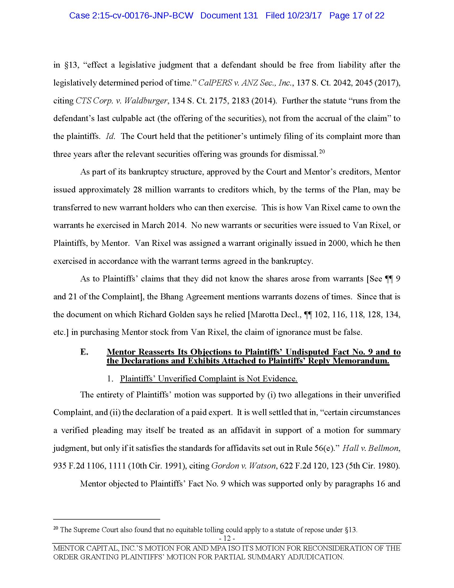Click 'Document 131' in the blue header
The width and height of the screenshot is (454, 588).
[x=229, y=16]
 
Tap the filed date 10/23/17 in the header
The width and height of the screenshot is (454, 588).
[x=304, y=16]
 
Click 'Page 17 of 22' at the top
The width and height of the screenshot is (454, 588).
[x=357, y=16]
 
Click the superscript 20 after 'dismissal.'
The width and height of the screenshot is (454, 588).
[x=322, y=152]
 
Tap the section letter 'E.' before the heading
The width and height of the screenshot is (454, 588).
[x=84, y=352]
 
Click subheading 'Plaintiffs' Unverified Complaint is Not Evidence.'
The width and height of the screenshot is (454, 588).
[x=209, y=378]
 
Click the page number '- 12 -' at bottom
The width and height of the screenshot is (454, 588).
[x=227, y=539]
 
